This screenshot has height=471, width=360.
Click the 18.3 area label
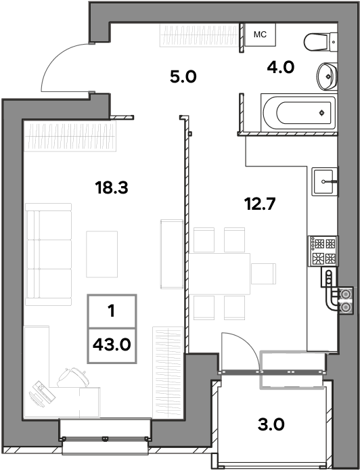click(112, 187)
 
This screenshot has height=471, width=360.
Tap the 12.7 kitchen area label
click(260, 204)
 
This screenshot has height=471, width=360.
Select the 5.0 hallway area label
click(183, 76)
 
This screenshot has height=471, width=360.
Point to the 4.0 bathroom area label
click(281, 67)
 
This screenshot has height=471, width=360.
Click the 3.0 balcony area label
click(271, 425)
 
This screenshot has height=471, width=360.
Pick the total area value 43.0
click(112, 344)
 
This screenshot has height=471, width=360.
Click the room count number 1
click(112, 311)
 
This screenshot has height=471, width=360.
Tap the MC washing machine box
click(260, 35)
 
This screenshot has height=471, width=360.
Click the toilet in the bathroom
click(320, 42)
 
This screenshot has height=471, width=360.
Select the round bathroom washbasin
click(327, 76)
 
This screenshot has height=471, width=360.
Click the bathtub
click(298, 112)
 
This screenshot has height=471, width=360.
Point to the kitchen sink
click(325, 182)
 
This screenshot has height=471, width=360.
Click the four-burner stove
click(323, 251)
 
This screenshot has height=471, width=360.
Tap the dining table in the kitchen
click(219, 273)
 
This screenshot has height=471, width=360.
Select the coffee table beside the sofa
click(102, 254)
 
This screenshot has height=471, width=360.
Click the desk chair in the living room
click(74, 377)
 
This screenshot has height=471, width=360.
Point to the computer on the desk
click(41, 394)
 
